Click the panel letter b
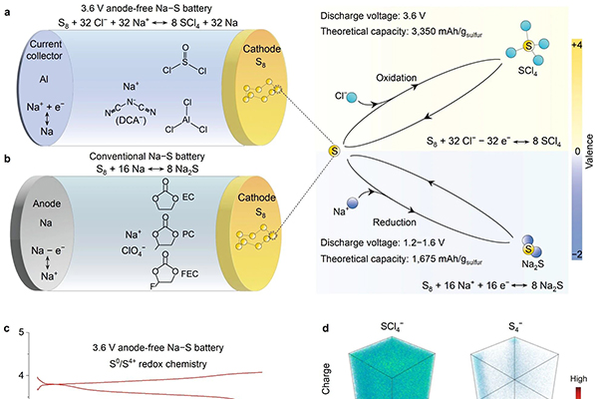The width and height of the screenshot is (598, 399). point(7,157)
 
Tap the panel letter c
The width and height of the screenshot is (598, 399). point(7,328)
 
